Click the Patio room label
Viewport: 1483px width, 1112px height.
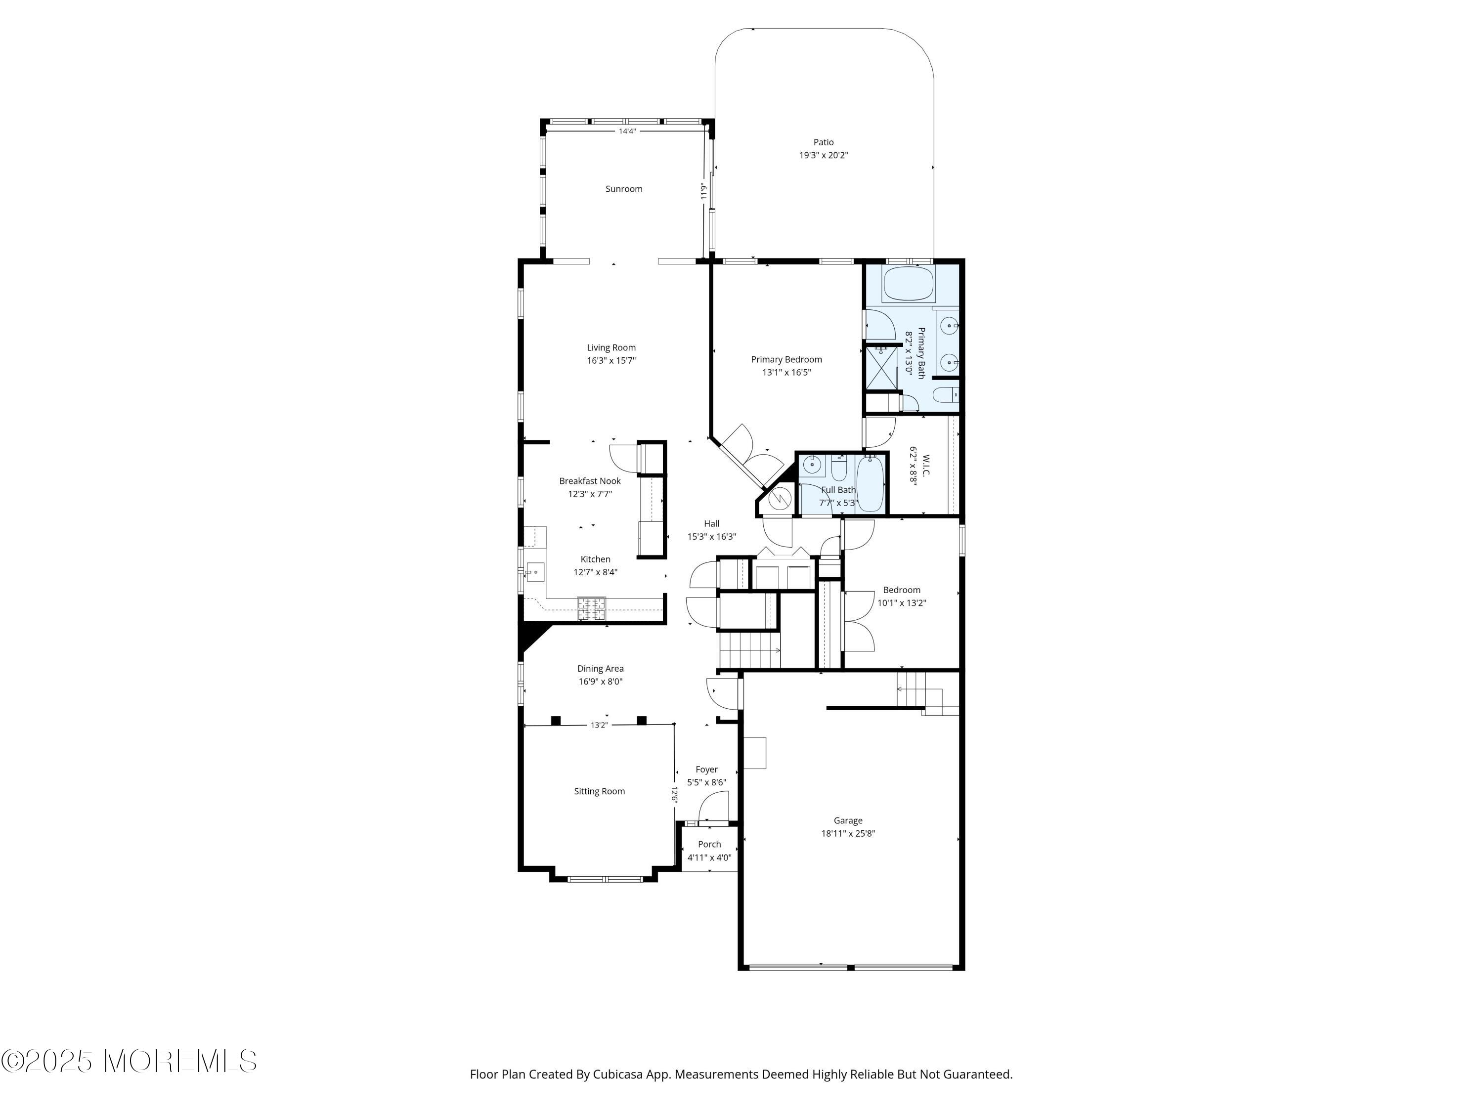(x=823, y=142)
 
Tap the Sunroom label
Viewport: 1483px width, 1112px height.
(x=623, y=189)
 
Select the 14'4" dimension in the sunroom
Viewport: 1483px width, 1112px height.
(x=627, y=131)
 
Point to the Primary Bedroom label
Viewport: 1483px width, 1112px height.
(x=786, y=359)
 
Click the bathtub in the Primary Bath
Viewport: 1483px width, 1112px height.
(x=908, y=284)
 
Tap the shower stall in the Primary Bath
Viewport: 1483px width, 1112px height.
(x=881, y=367)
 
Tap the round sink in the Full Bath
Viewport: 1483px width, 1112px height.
(x=813, y=463)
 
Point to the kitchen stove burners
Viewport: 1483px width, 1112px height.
(x=591, y=607)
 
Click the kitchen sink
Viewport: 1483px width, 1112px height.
(x=534, y=572)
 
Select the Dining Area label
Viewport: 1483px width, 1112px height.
(x=600, y=668)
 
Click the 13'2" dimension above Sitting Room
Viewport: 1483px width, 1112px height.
(x=599, y=725)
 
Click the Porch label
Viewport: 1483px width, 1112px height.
(x=709, y=845)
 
